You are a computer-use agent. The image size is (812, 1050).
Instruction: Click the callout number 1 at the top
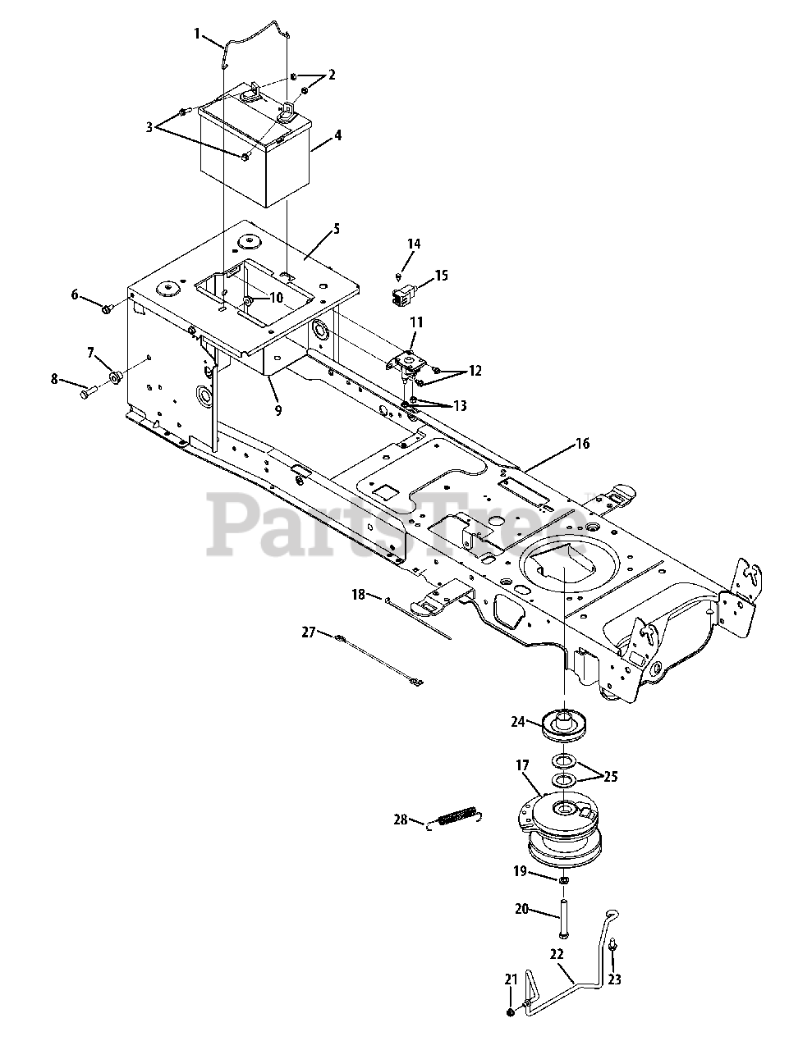(197, 33)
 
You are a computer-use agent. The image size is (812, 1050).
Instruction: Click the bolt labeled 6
(107, 308)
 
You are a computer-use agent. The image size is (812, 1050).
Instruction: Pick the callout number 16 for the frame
(582, 444)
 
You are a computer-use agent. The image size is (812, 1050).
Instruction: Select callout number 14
(413, 244)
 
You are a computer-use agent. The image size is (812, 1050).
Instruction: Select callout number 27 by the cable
(309, 632)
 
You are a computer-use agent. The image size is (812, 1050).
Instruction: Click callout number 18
(358, 594)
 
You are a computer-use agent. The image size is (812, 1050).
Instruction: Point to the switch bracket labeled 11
(406, 358)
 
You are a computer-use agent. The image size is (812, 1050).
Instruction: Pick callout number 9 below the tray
(278, 409)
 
